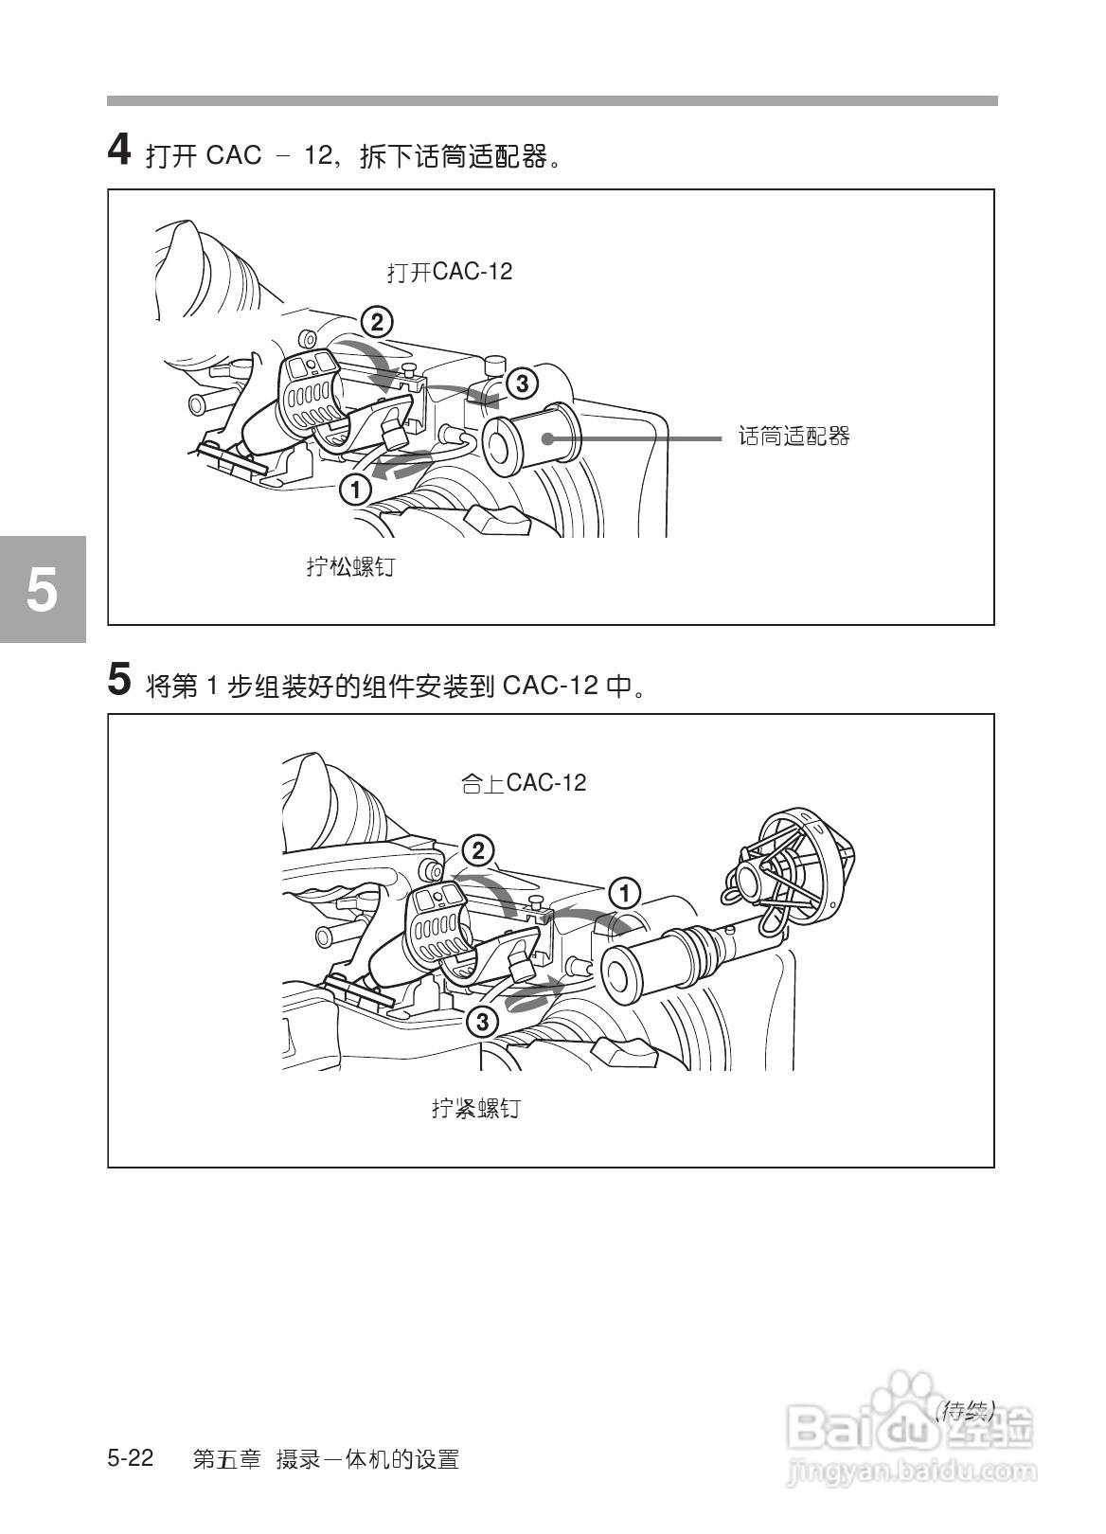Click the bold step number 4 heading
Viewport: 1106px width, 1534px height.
tap(118, 151)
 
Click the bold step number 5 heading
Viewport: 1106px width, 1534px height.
tap(118, 680)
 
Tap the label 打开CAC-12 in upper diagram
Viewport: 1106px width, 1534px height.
tap(449, 272)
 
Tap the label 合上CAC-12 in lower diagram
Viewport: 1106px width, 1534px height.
tap(523, 783)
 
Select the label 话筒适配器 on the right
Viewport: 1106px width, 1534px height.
tap(794, 437)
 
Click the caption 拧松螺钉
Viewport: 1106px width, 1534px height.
tap(350, 567)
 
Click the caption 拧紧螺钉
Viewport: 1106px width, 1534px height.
tap(475, 1108)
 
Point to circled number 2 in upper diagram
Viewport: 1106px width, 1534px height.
tap(376, 323)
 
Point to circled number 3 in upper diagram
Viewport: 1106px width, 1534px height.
tap(522, 383)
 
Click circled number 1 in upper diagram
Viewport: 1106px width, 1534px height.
tap(355, 490)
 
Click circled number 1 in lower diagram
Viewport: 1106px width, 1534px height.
tap(625, 893)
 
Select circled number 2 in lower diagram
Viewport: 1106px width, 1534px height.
tap(478, 850)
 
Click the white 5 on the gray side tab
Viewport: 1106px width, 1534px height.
tap(42, 590)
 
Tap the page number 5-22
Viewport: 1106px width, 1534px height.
tap(131, 1458)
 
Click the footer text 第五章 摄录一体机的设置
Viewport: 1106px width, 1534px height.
tap(326, 1459)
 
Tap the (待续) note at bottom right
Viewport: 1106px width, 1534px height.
tap(964, 1411)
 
